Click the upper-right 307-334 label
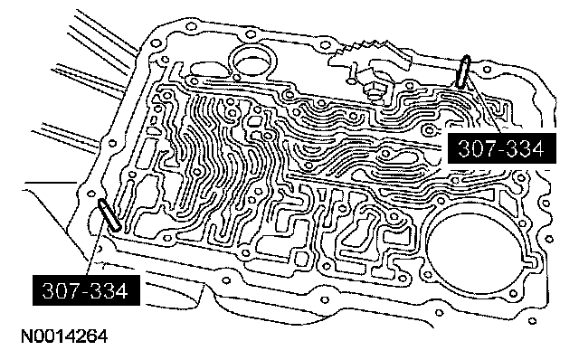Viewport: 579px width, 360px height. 501,148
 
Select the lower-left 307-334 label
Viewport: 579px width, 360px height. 86,290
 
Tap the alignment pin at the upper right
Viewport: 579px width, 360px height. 463,71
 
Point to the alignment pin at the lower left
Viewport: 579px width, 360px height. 109,215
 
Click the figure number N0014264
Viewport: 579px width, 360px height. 64,336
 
